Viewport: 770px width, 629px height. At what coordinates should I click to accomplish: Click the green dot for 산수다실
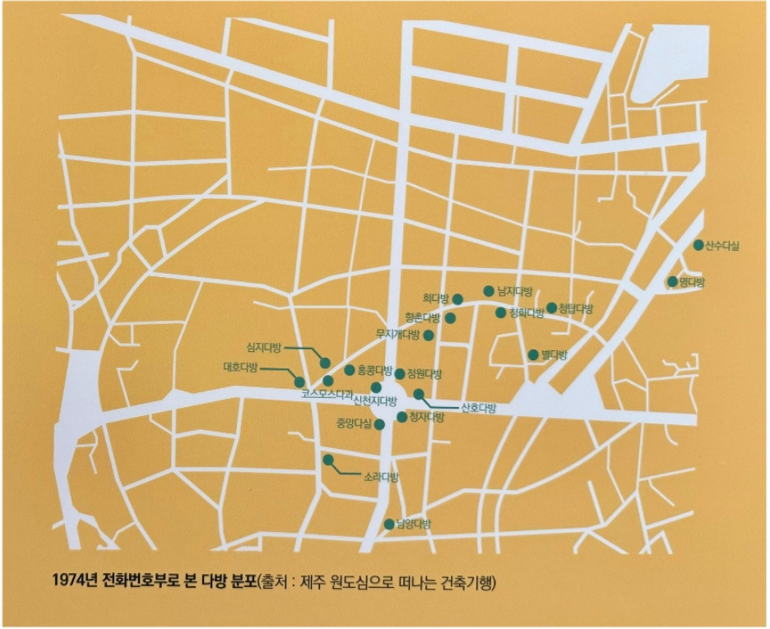[698, 245]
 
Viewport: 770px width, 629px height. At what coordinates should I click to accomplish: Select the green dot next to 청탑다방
[551, 308]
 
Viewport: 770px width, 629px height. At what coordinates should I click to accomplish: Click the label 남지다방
[516, 291]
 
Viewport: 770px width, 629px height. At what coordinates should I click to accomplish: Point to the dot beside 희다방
[458, 299]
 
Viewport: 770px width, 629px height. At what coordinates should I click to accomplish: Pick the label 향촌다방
[423, 317]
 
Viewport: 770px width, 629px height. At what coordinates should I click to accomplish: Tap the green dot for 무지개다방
[429, 335]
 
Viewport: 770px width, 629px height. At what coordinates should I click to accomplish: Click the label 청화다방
[526, 313]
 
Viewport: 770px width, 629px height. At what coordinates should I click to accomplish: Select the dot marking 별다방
[533, 355]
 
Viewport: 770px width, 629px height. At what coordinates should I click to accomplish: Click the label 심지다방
[264, 347]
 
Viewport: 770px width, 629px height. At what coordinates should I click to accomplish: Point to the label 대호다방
[240, 368]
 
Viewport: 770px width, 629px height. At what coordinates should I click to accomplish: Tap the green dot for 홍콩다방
[350, 370]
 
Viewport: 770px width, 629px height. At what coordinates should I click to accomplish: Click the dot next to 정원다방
[400, 374]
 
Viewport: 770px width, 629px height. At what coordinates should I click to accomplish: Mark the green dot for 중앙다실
[379, 424]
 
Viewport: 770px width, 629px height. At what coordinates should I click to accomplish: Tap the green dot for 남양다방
[389, 524]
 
